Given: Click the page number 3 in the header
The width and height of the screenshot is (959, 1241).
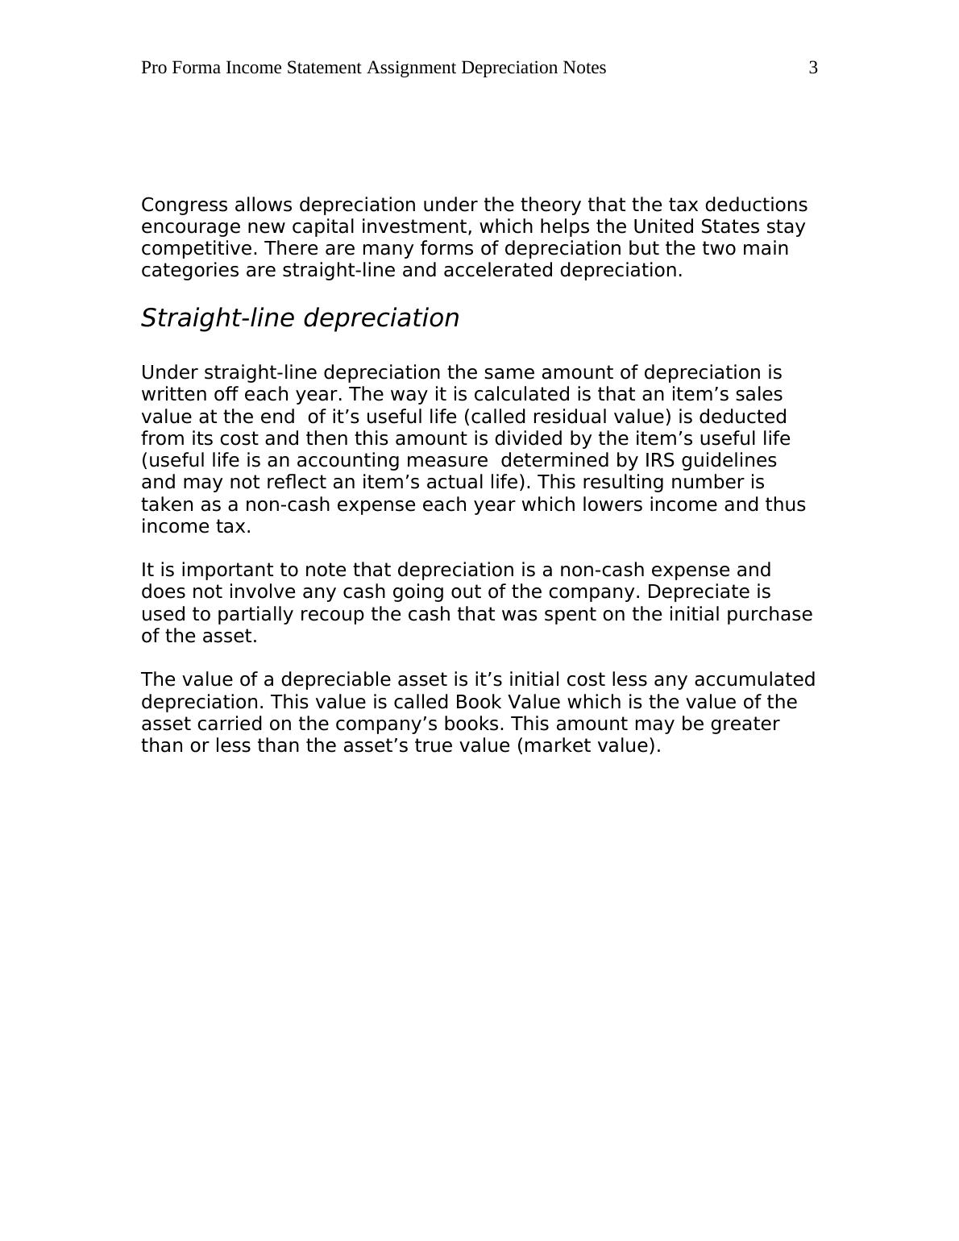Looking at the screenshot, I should coord(813,68).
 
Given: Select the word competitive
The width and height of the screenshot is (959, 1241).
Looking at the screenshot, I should coord(197,248).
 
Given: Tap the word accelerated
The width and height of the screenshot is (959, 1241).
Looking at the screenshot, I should coord(497,270).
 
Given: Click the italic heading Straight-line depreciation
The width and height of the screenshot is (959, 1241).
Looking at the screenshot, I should coord(300,318).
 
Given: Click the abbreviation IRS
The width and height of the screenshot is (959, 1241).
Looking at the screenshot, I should coord(661,460).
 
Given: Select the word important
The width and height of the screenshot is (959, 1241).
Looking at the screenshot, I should coord(216,570).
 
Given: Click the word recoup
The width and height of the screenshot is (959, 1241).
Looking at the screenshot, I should coord(332,614).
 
